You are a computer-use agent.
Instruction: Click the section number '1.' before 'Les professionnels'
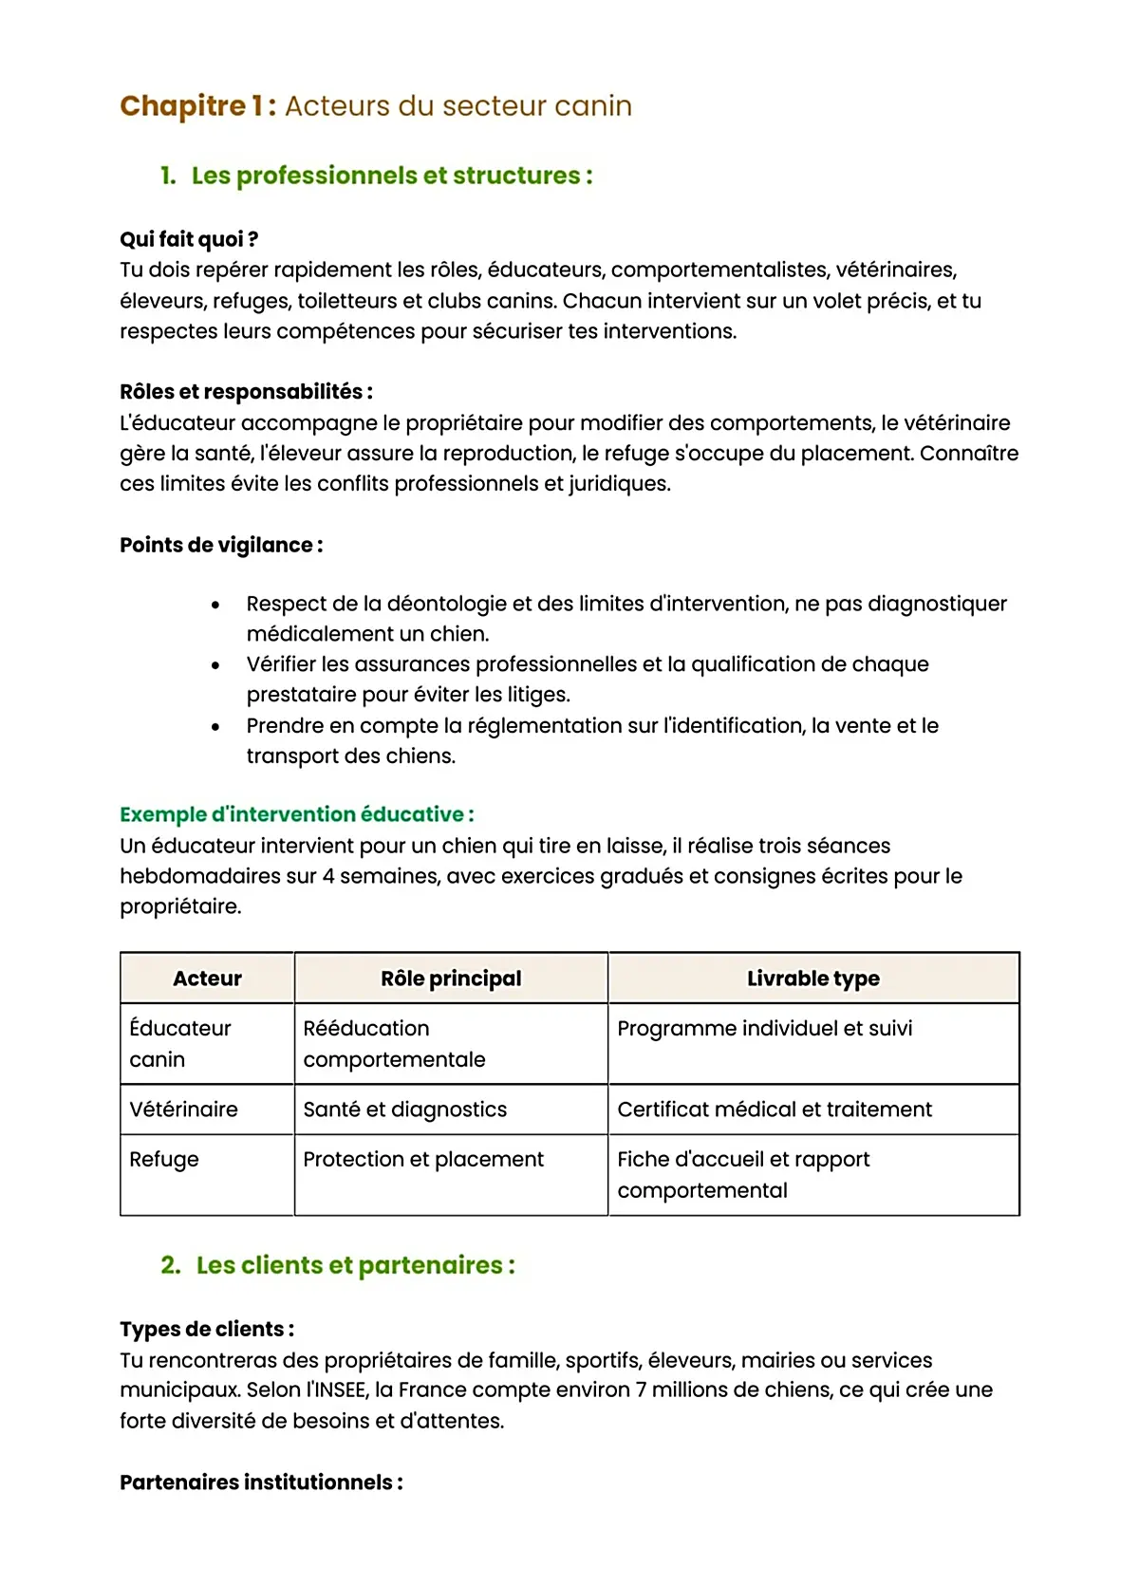[168, 176]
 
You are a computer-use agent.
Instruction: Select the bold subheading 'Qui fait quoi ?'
[189, 239]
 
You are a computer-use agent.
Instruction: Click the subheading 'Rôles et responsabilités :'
[246, 391]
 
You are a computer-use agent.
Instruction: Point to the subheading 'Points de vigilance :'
[221, 545]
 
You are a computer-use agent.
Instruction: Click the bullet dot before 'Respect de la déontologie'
[215, 605]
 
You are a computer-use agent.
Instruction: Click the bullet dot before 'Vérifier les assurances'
[215, 665]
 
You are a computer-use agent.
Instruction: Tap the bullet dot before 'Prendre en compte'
[215, 727]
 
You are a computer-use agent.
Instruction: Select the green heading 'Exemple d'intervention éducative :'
[296, 814]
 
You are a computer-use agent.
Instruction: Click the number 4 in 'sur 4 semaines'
[327, 876]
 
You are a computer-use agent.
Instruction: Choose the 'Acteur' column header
[207, 979]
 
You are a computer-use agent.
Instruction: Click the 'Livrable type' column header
[812, 979]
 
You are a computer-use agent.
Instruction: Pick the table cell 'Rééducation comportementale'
[394, 1043]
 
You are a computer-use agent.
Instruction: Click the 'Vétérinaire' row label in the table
[183, 1109]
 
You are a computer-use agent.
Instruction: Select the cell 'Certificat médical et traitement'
[774, 1109]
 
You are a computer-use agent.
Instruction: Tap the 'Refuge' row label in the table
[164, 1159]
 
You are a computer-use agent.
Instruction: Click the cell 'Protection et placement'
[422, 1159]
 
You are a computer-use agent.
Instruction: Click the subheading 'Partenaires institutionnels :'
[261, 1482]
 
